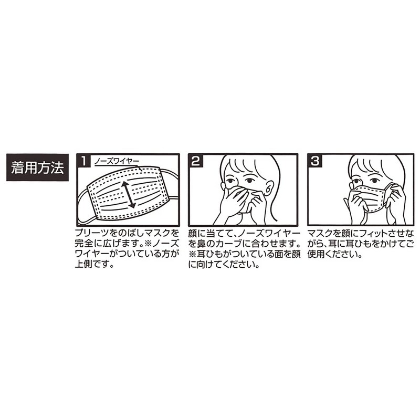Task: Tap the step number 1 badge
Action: coord(84,161)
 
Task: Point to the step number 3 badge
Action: coord(315,161)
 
